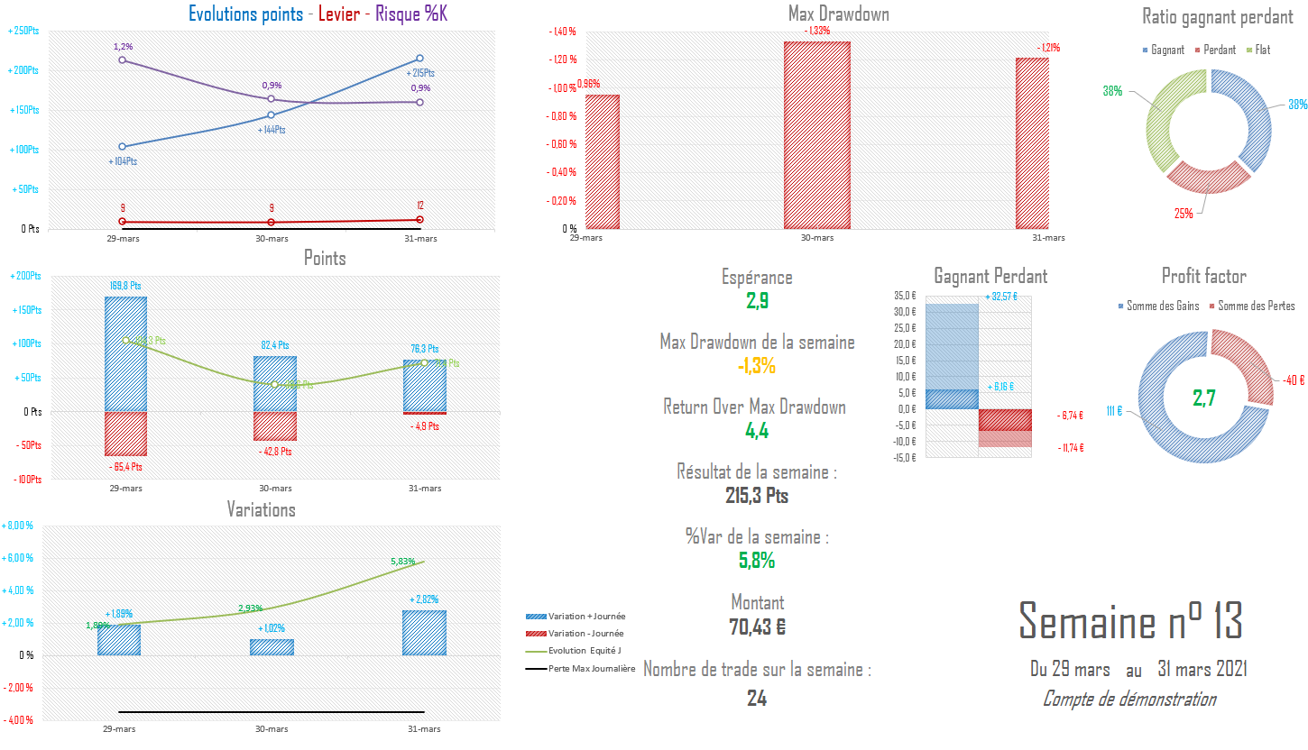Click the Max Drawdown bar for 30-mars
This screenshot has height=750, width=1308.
click(x=817, y=135)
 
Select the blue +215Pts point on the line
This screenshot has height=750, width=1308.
click(x=419, y=59)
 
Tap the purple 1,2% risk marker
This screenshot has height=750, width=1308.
click(x=122, y=60)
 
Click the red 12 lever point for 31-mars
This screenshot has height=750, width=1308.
click(x=419, y=219)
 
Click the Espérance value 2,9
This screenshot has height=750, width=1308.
click(x=757, y=301)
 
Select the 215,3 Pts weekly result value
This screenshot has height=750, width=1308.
click(x=757, y=496)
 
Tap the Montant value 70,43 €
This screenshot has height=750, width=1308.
click(x=757, y=626)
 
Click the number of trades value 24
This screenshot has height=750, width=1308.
click(x=757, y=698)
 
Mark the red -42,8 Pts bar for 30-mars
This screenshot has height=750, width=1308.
click(x=275, y=425)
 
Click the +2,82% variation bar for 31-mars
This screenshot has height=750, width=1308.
click(x=425, y=633)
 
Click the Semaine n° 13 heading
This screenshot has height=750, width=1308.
click(x=1130, y=621)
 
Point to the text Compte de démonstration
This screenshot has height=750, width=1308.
click(x=1128, y=699)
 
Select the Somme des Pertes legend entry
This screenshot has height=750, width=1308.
click(x=1255, y=306)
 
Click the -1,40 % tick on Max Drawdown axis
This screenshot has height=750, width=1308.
click(x=563, y=32)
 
